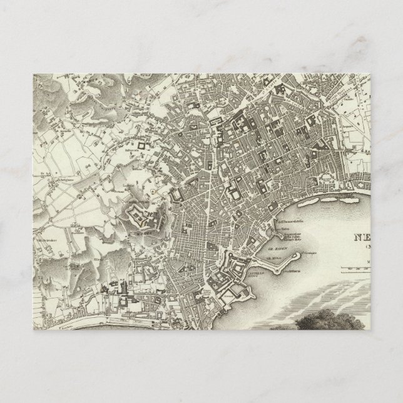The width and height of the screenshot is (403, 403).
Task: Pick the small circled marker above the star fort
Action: [153, 189]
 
